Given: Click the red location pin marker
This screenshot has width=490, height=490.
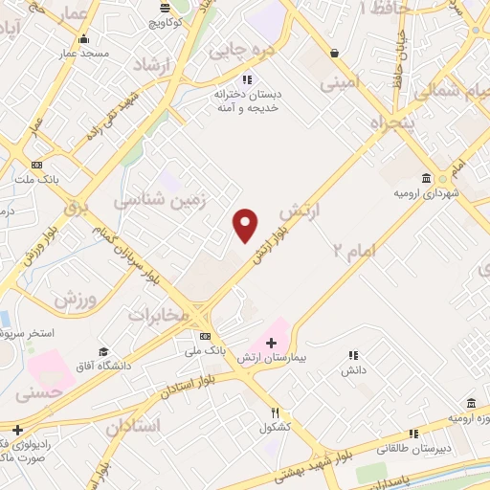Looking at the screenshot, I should coord(246,225).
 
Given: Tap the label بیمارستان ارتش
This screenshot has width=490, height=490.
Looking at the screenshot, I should coord(286,356).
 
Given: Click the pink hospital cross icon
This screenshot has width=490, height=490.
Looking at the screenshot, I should coord(271,342).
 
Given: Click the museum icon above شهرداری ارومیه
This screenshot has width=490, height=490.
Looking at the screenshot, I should coord(426,178).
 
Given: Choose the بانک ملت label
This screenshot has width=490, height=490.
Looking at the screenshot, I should coord(36,178).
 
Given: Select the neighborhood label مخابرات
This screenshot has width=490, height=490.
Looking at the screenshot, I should coord(155,314).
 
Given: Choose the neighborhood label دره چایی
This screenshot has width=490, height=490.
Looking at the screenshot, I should coord(243,46).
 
